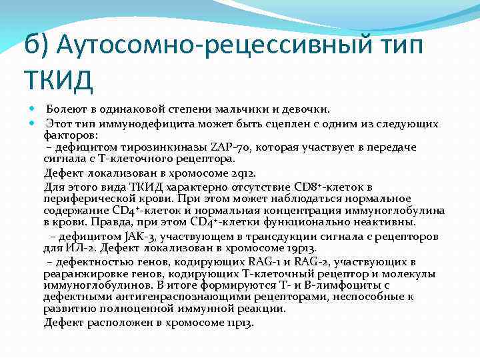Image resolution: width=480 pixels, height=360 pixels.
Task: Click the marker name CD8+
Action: pyautogui.click(x=313, y=187)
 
